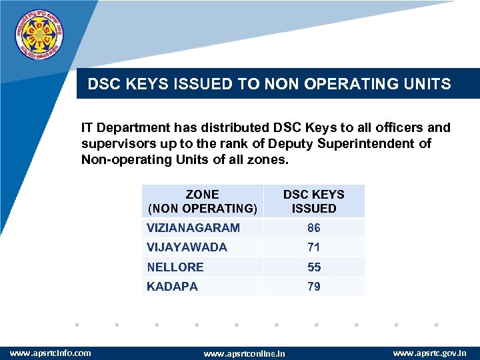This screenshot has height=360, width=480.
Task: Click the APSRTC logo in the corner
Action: [41, 33]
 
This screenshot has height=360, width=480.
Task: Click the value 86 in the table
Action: [314, 228]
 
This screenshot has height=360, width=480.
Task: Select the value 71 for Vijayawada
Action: [314, 247]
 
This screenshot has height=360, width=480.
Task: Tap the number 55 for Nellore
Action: [314, 267]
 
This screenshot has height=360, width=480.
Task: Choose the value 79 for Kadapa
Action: [314, 287]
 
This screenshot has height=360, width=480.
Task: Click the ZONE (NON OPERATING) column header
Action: [202, 201]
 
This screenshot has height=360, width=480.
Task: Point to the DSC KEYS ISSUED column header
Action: [314, 201]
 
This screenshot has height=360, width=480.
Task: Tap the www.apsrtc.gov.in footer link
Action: [429, 352]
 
